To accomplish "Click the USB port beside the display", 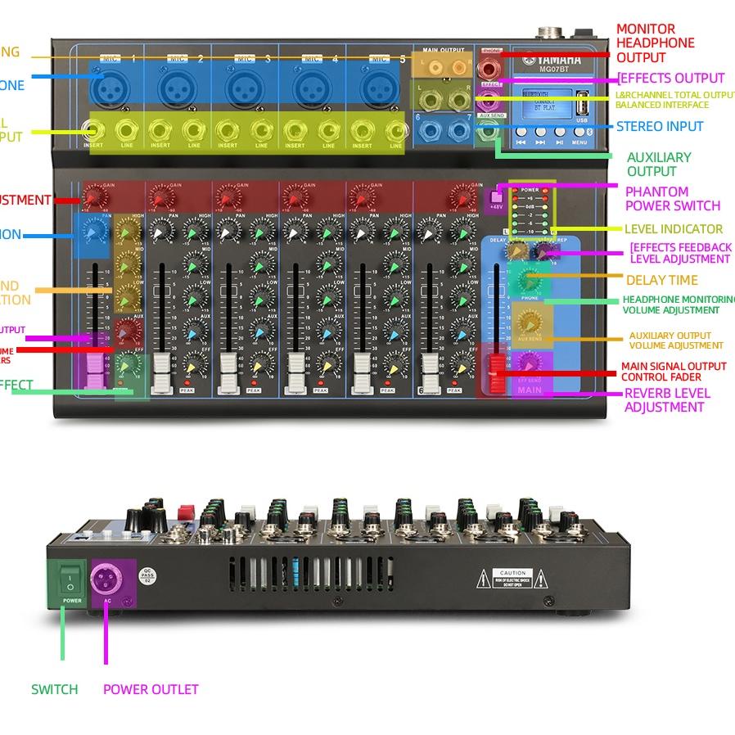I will (581, 106).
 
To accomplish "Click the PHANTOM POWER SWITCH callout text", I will (673, 199).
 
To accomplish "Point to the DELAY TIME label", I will (661, 280).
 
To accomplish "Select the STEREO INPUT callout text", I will (660, 127).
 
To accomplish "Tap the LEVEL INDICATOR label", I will (673, 229).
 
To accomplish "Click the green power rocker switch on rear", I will (71, 582).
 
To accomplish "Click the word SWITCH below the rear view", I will (55, 689).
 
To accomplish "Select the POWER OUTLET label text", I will (151, 689).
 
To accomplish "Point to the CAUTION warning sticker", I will (512, 579).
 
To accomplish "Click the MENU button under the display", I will (579, 141).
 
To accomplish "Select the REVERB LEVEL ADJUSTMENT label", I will (667, 400).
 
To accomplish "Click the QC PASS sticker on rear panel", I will (147, 574).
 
